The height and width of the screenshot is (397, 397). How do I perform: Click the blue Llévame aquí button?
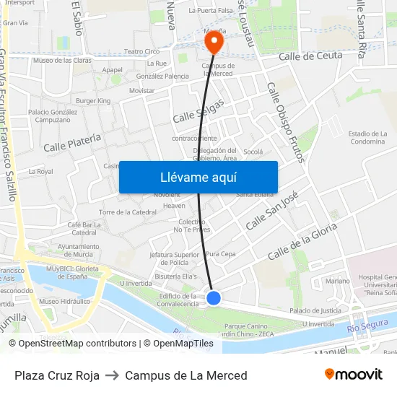198,177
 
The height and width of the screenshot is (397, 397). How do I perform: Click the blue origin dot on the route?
214,297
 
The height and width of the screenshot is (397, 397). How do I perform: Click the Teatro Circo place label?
142,51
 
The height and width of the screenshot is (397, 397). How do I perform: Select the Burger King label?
93,101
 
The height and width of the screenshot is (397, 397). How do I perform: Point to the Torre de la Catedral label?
128,212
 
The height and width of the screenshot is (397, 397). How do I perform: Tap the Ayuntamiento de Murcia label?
78,250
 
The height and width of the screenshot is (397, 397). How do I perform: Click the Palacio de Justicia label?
315,310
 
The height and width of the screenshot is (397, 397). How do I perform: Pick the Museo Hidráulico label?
60,301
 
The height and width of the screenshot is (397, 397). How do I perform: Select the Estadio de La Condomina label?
367,137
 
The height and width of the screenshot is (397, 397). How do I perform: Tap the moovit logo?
353,374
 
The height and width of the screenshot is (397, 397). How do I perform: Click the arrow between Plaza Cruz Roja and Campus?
113,375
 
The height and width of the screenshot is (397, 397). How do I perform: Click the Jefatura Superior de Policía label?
174,258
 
